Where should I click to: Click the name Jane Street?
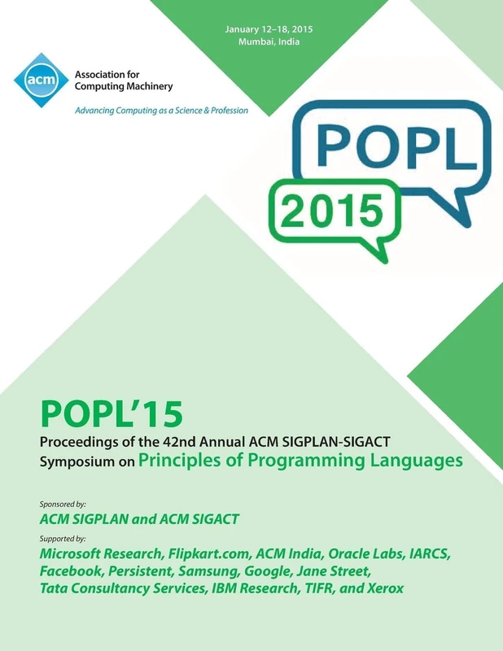pos(335,572)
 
